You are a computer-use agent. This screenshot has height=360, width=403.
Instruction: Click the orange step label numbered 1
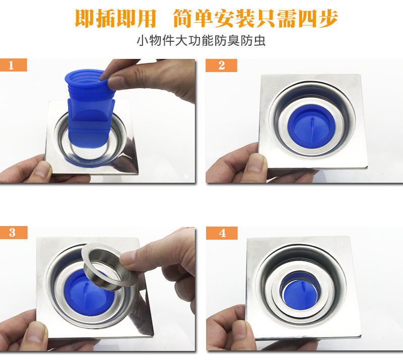point(14,65)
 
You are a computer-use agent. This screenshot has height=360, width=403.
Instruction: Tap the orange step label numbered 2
point(221,65)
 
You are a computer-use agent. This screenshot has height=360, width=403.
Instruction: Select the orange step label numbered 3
point(14,233)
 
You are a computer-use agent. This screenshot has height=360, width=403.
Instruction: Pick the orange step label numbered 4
point(222,233)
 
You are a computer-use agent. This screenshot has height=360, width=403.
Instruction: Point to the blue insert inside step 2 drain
point(311,125)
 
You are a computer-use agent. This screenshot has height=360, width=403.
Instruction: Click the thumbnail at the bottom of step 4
point(238,331)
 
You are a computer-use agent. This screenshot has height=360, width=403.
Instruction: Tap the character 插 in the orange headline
point(106,19)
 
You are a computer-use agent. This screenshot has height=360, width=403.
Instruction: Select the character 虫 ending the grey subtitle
point(259,41)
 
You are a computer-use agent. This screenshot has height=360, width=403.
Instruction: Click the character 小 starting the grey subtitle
point(143,41)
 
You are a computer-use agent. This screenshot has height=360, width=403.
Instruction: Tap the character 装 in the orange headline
point(245,19)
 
